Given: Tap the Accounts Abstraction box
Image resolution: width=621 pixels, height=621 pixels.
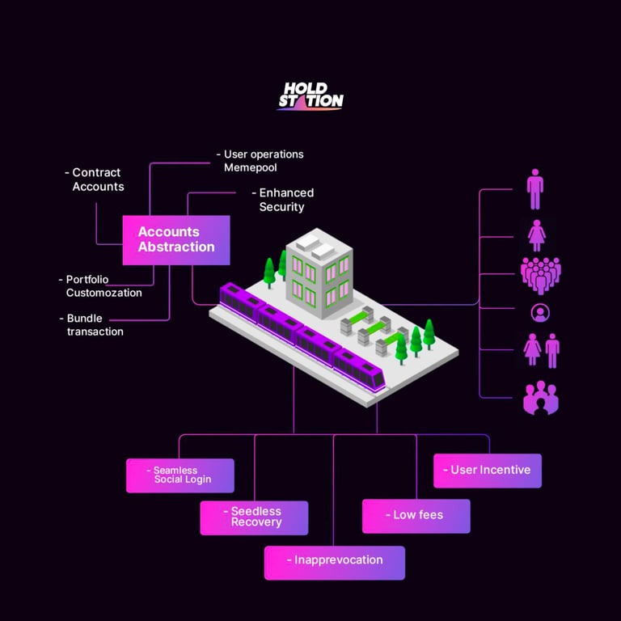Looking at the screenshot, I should point(176,239).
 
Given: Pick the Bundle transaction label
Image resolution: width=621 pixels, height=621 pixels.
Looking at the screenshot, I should point(95,324).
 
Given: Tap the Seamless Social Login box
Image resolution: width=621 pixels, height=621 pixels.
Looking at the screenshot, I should point(180,475).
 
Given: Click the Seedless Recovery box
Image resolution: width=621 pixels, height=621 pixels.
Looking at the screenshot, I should point(254,517).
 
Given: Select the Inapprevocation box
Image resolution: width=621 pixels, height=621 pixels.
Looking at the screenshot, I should point(335,562).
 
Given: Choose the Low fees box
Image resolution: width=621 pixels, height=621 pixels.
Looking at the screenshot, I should point(416,516).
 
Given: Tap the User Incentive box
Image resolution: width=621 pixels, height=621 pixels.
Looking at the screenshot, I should point(488,471).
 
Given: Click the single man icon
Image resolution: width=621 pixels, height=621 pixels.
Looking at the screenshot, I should point(534,189).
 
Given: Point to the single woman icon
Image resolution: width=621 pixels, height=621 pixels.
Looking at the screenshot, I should point(535,235).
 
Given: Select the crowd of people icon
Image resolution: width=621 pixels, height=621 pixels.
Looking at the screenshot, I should point(540,275).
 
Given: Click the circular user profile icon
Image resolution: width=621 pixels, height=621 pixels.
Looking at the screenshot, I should point(539,312).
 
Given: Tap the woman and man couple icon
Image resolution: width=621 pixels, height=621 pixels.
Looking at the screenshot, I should point(542,351).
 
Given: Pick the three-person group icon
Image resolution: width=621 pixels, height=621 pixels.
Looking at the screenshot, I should point(541,398).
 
